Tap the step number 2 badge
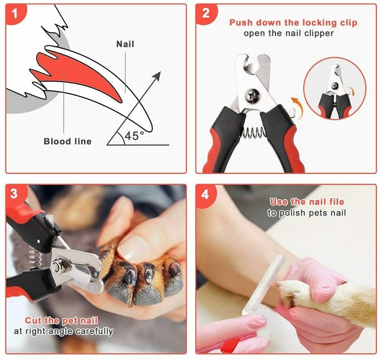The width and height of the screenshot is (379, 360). click(x=206, y=14)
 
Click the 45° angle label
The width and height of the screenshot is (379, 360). click(x=134, y=136)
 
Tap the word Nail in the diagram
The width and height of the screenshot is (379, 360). click(x=125, y=44)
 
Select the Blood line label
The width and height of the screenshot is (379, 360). click(x=67, y=141)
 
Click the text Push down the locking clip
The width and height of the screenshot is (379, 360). click(x=293, y=22)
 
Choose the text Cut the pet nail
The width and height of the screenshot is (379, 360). click(x=61, y=321)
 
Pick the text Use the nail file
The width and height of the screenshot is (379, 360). click(x=307, y=202)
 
